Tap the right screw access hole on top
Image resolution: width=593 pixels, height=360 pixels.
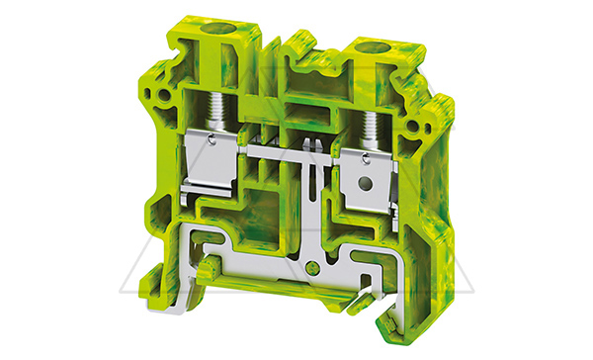click(x=374, y=47)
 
